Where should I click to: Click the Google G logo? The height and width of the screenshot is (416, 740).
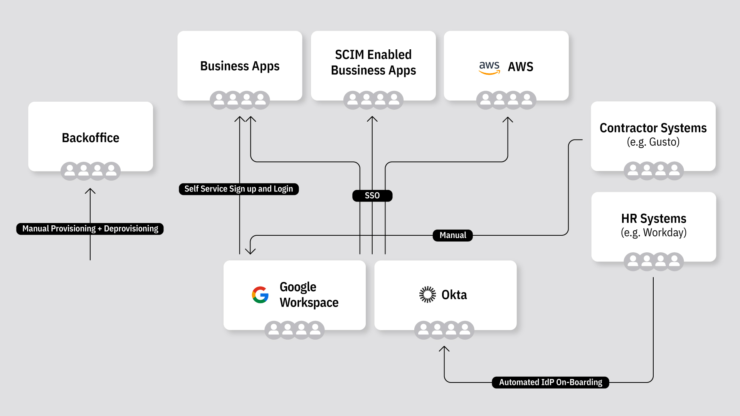260,295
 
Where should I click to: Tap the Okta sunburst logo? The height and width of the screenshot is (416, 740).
427,295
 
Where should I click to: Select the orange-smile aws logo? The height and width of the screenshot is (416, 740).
489,67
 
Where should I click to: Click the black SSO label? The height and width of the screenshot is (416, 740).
372,196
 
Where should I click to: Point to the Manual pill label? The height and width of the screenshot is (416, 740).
453,235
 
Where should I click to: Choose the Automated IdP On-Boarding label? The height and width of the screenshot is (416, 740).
550,382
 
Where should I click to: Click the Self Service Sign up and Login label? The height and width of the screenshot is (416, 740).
239,189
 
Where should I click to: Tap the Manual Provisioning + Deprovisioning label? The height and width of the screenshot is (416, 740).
90,229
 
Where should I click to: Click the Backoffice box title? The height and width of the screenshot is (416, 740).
91,138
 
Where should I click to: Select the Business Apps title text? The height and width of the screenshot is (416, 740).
240,66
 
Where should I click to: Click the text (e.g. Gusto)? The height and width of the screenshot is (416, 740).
653,142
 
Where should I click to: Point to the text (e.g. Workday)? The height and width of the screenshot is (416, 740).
654,233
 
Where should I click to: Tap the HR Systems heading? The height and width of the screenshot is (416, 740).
654,219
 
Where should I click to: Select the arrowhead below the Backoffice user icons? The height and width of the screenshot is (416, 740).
90,190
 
